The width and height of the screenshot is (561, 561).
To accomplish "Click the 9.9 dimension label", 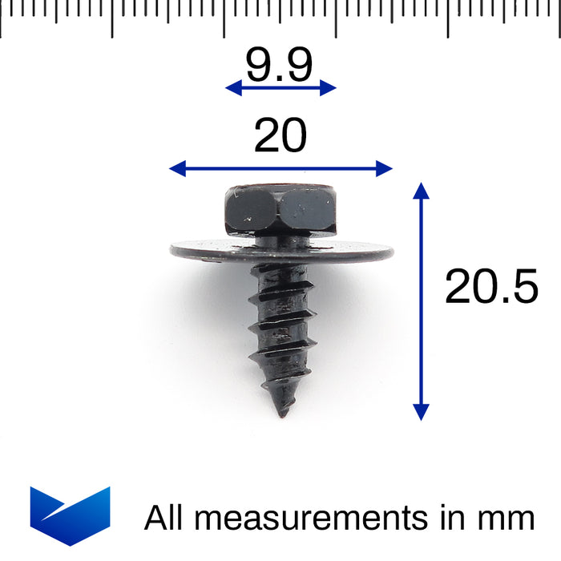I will coord(279,66).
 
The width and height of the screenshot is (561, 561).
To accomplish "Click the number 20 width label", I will coord(280,136).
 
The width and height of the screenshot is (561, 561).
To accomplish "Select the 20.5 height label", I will coord(491,286).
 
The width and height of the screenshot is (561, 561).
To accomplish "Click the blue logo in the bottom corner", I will coord(70,514).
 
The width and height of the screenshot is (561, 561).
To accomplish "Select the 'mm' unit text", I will coord(507,519).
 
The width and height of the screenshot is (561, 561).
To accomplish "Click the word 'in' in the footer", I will coord(452,519).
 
